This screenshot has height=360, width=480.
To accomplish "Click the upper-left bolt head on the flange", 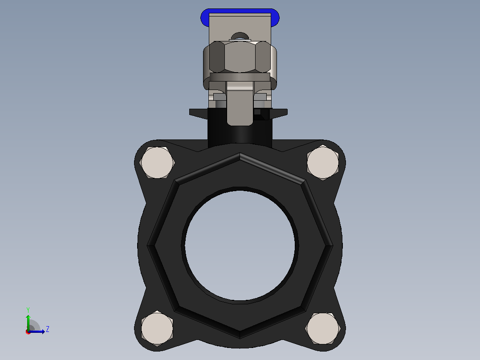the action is (157, 162).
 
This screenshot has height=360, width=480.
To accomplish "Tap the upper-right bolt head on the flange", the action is (323, 162).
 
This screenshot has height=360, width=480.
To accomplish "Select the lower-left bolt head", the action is (157, 328).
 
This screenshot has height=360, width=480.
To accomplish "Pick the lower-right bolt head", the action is (323, 328).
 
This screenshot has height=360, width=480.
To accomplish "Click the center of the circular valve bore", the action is (240, 245).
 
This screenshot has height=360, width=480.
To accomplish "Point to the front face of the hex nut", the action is (240, 57).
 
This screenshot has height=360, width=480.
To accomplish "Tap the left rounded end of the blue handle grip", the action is (204, 17).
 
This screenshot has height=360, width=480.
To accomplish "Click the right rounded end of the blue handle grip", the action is (275, 17).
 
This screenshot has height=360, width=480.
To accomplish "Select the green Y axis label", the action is (28, 310).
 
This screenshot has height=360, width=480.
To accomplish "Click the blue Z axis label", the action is (48, 329).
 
